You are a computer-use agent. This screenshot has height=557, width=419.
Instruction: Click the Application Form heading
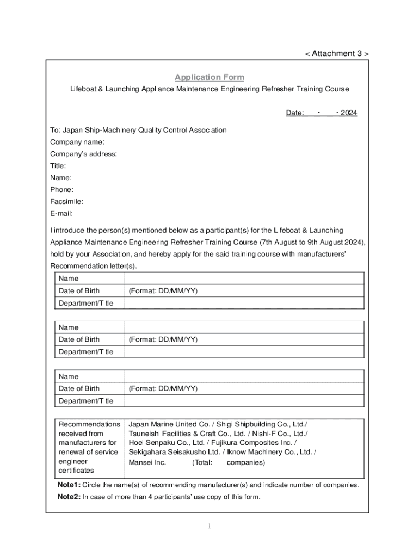209,77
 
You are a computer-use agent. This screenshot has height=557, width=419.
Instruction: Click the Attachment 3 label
336,53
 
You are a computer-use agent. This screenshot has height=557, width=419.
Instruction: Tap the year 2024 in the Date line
349,113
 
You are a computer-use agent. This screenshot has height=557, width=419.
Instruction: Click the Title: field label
58,165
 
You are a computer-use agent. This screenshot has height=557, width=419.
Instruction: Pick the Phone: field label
61,189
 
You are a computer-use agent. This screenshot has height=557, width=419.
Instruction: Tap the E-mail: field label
61,213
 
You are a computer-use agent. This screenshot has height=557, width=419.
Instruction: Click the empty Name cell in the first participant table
244,278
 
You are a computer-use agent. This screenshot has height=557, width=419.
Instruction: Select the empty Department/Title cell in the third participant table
244,401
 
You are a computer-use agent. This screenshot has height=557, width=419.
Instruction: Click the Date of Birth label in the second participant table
79,339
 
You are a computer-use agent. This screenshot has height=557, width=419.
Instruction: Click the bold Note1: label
69,485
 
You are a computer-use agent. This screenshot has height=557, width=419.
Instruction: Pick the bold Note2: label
69,497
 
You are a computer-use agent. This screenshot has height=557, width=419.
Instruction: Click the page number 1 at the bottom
209,526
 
